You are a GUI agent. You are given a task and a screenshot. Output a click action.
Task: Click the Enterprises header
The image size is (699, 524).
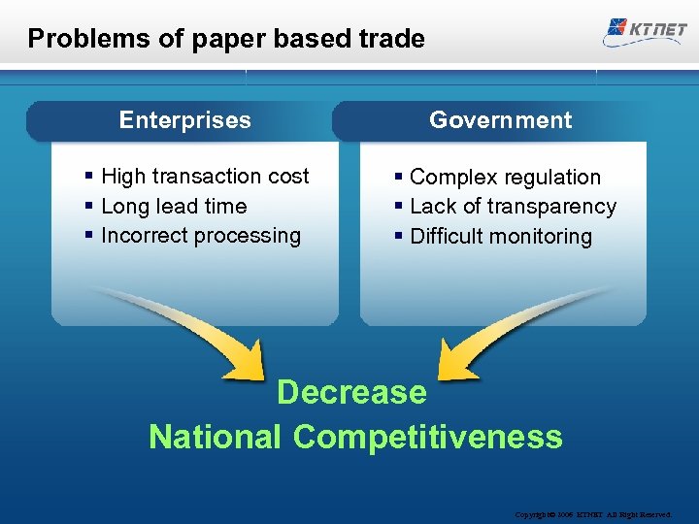(x=184, y=120)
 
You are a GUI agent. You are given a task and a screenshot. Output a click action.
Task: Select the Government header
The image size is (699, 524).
(x=500, y=120)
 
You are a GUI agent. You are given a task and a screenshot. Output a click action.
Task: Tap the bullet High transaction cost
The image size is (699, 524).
(x=205, y=177)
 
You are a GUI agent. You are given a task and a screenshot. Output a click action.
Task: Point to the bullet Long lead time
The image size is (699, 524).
(x=174, y=207)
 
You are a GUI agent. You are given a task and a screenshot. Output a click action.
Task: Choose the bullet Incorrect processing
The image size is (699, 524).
(x=201, y=236)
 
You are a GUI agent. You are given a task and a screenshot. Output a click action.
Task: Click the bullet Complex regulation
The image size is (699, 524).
(x=505, y=178)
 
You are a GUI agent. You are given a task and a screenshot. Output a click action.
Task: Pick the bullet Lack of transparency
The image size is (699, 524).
(x=513, y=207)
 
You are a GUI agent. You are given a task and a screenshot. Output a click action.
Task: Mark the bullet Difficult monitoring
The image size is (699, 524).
(x=501, y=237)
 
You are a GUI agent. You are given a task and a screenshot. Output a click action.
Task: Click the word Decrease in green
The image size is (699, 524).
(x=351, y=392)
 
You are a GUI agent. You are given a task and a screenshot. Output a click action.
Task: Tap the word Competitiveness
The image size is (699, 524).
(x=427, y=437)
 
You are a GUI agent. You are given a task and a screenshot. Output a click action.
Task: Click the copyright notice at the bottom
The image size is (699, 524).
(x=592, y=514)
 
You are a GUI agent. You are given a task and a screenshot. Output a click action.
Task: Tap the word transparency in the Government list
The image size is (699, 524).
(x=551, y=207)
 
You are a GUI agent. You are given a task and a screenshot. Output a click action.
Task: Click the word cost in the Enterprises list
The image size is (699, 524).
(x=288, y=177)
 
